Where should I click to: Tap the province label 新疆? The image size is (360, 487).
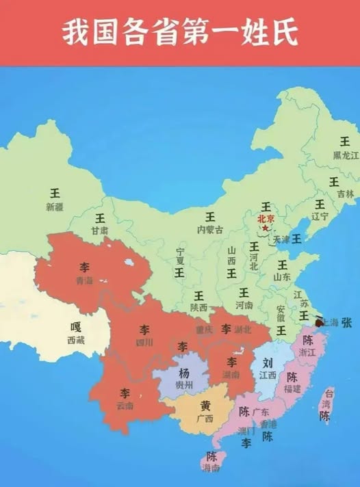tap(54, 207)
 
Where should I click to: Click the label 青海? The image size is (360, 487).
tap(83, 280)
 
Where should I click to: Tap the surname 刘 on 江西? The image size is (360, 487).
tap(269, 363)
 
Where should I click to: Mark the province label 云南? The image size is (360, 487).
tap(125, 406)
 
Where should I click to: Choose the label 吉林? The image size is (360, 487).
tap(334, 194)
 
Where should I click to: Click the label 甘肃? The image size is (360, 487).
tap(100, 231)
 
